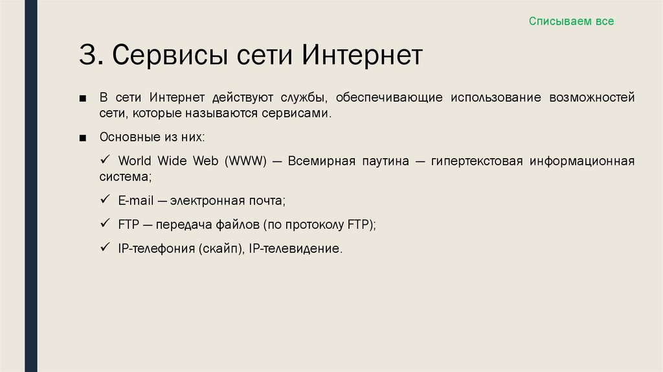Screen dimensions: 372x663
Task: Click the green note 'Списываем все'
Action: [x=570, y=21]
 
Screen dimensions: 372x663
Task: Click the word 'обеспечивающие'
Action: [x=389, y=98]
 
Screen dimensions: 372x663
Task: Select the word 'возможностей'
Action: [x=592, y=98]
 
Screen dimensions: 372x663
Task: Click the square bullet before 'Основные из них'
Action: [x=82, y=139]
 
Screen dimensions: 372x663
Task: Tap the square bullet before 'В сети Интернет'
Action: [x=82, y=99]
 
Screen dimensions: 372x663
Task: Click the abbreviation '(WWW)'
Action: [x=246, y=161]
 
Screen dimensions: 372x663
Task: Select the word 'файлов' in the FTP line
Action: [x=238, y=225]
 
